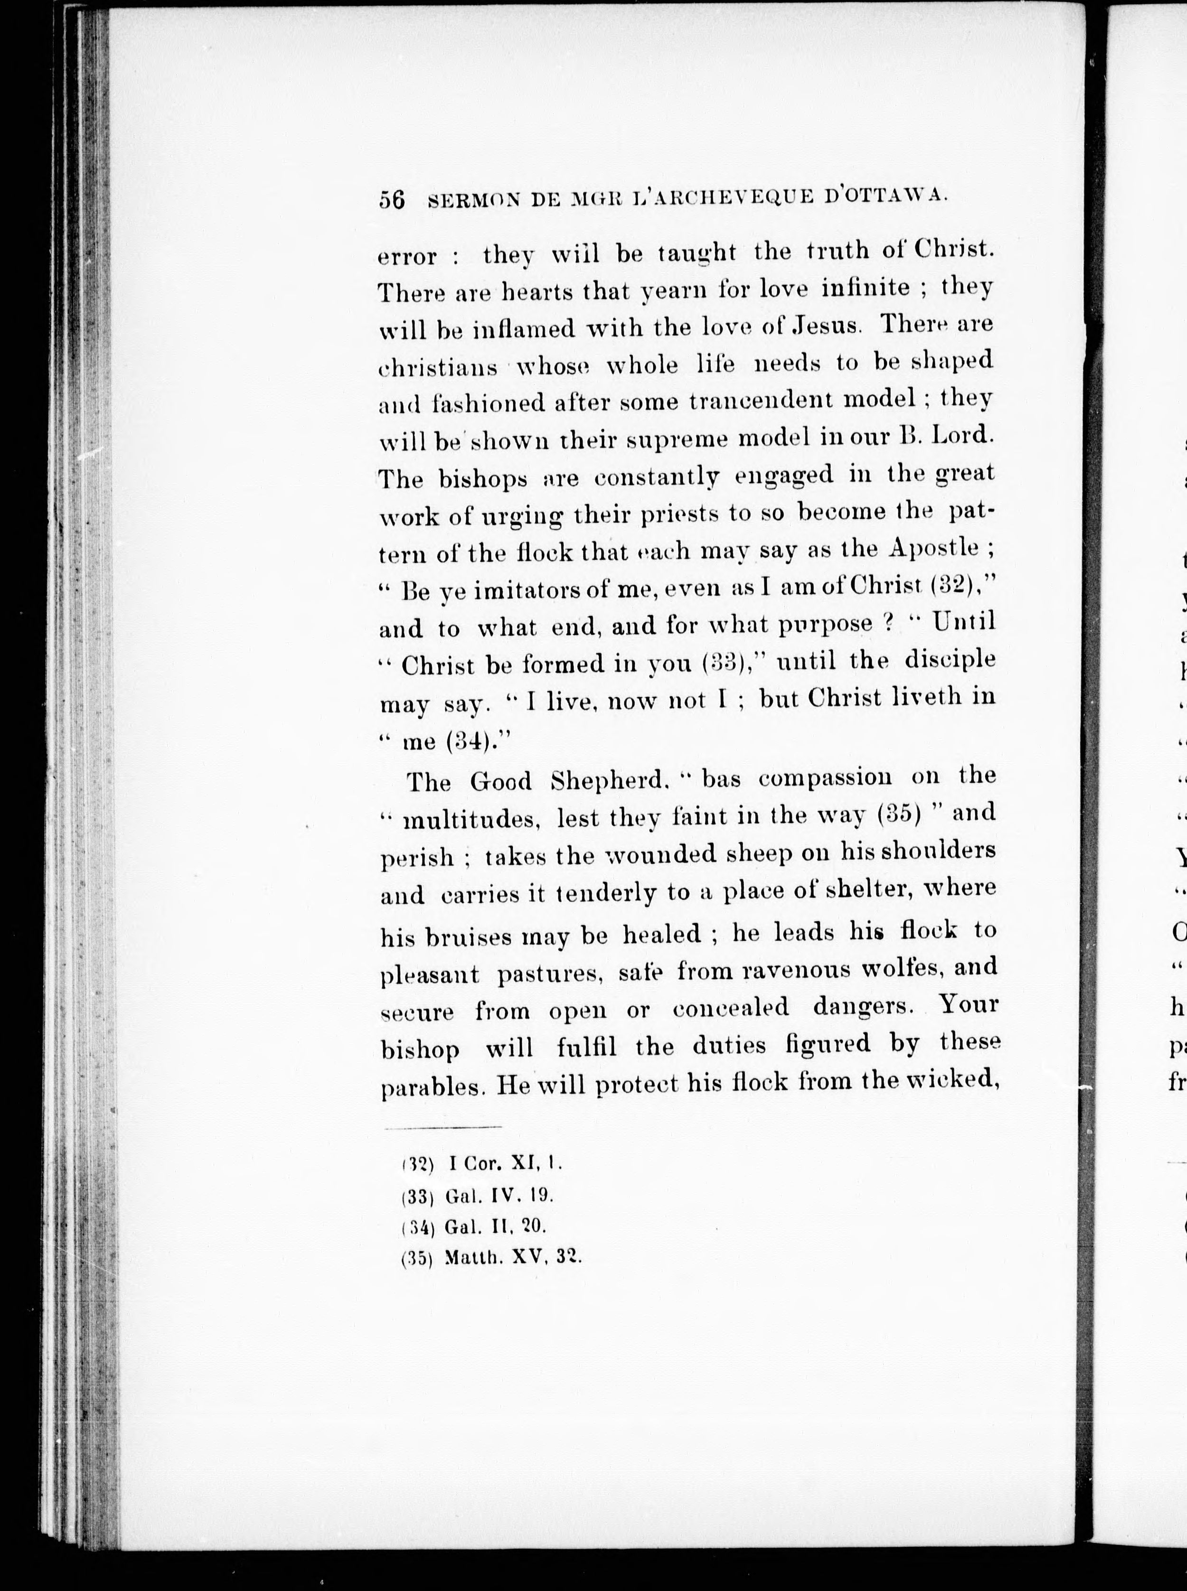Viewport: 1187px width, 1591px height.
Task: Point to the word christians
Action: (438, 367)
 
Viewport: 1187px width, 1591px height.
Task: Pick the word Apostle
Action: (933, 548)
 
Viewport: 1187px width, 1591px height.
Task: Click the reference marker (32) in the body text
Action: (952, 586)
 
